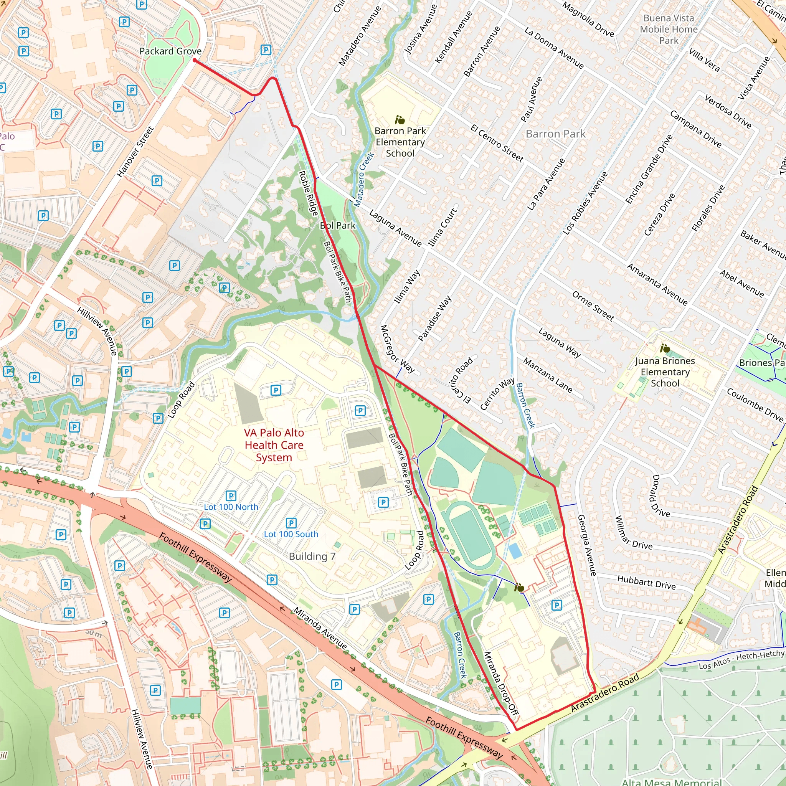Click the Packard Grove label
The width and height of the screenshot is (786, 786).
170,51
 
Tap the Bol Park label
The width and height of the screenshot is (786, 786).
337,225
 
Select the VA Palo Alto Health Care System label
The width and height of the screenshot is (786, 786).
274,445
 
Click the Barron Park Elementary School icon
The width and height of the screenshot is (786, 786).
400,120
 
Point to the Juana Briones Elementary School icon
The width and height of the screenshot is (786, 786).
665,348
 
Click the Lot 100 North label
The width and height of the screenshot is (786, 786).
231,507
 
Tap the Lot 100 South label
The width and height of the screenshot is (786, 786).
291,534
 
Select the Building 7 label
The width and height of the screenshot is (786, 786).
312,556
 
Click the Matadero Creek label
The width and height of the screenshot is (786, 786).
363,179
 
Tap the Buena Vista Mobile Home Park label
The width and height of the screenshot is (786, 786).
669,29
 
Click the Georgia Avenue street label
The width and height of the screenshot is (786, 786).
587,545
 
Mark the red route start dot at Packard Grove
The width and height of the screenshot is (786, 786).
195,60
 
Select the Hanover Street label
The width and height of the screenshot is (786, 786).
135,152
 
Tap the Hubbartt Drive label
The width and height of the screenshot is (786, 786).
646,582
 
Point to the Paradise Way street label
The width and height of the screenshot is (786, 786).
434,318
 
